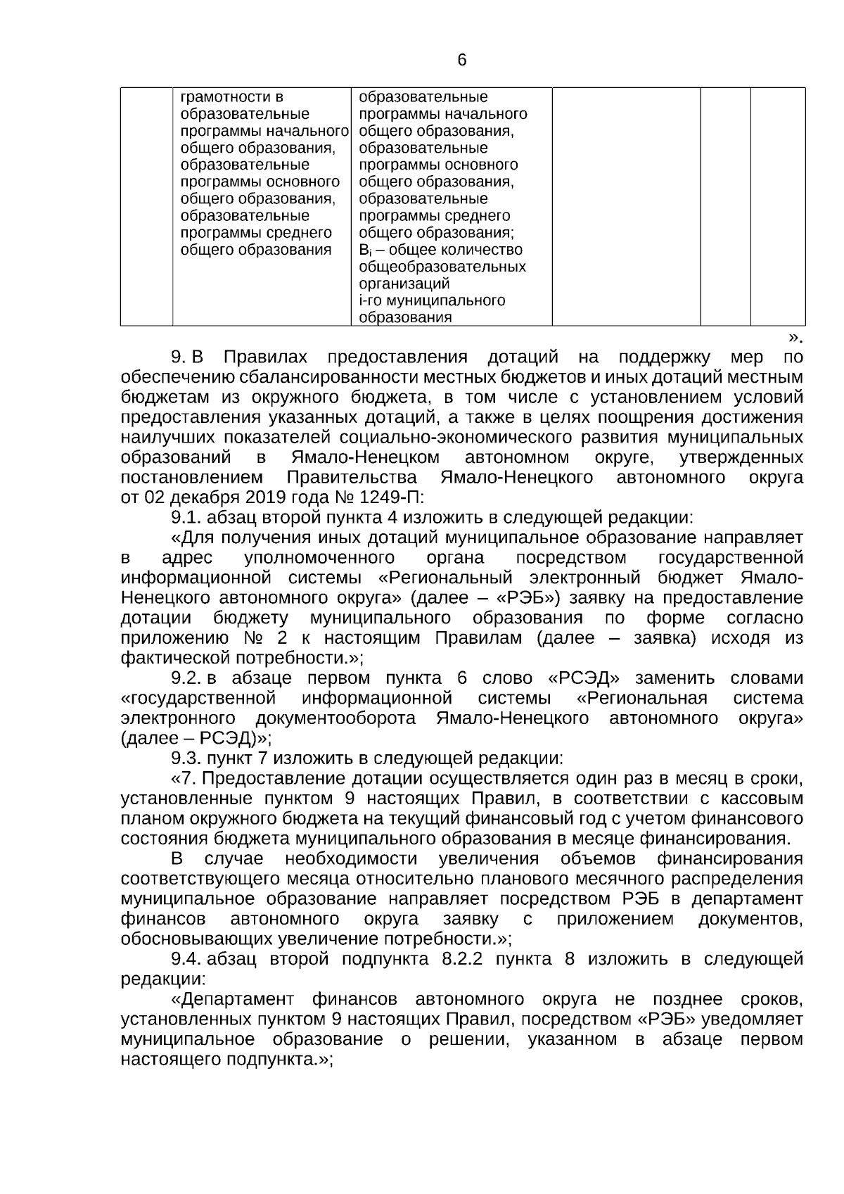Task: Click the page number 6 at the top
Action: [462, 61]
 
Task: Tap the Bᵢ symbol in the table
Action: [364, 250]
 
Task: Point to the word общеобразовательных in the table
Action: [442, 267]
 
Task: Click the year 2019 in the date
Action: [264, 498]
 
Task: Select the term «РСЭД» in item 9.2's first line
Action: [583, 678]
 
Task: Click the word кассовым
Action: [763, 799]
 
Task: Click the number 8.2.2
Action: [462, 959]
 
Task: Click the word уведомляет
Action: [757, 1019]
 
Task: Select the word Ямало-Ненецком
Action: [365, 458]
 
